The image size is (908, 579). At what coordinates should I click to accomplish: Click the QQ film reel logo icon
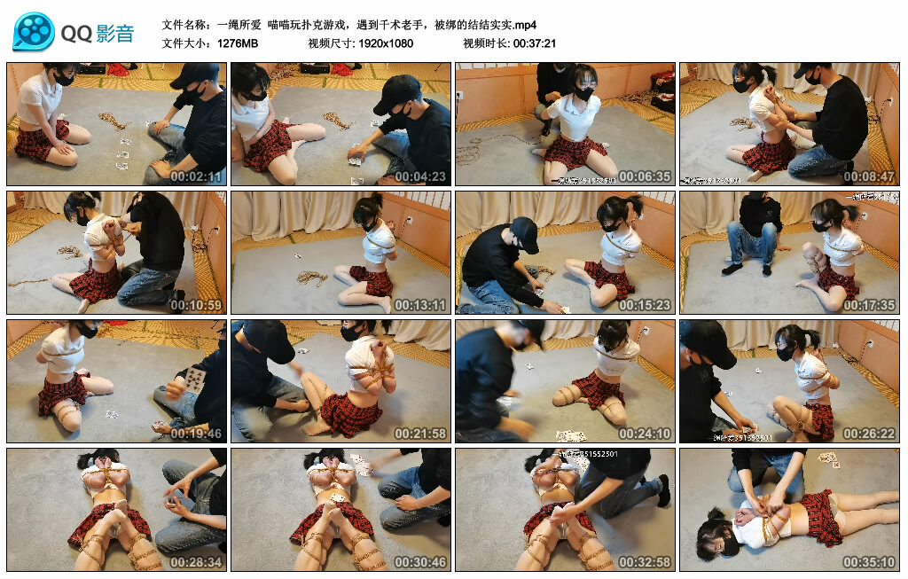pos(34,32)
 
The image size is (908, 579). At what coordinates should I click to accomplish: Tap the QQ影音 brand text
pos(98,34)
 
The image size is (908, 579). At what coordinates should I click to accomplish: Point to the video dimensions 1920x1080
pos(386,43)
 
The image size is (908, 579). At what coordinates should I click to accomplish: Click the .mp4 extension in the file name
pos(524,24)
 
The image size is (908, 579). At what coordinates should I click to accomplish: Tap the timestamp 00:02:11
pos(196,176)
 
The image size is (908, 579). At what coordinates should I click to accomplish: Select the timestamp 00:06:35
pos(645,176)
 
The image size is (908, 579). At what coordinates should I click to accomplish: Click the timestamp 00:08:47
pos(869,176)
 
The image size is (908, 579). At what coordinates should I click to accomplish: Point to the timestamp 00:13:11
pos(420,305)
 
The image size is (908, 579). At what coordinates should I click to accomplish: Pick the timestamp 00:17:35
pos(869,305)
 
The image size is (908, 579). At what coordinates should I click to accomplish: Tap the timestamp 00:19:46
pos(196,434)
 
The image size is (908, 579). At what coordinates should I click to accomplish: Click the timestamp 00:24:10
pos(645,434)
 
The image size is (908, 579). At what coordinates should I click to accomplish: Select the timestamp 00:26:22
pos(869,434)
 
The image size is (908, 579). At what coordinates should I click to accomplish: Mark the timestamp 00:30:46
pos(420,562)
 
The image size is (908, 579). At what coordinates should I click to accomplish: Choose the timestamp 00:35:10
pos(869,562)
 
